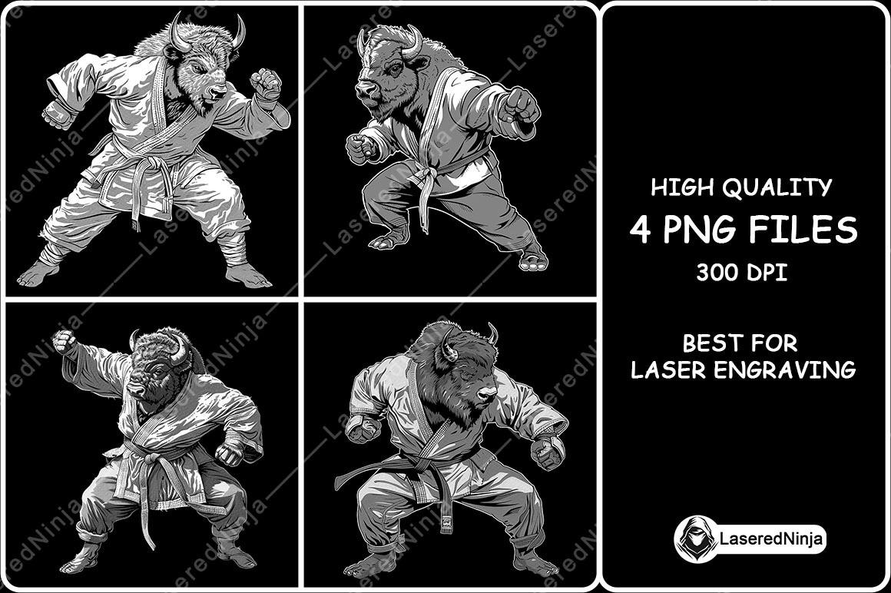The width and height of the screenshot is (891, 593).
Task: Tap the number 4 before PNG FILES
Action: pos(641,230)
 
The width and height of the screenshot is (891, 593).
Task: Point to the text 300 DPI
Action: pos(741,273)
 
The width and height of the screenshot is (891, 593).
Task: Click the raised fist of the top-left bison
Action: pos(266,83)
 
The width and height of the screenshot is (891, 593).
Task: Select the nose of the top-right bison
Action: pos(363,89)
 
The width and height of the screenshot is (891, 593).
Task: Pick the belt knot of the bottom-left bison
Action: pos(151,458)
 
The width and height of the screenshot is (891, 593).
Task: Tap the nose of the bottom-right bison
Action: pos(486,394)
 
